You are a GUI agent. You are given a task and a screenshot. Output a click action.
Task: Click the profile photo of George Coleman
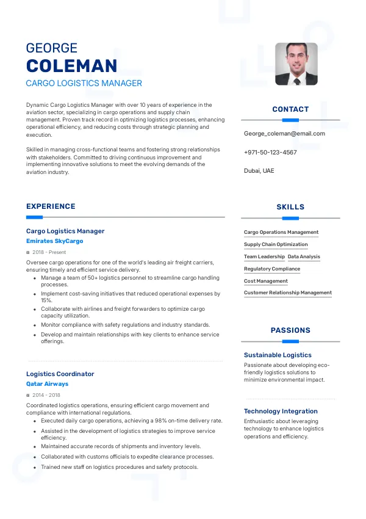click(x=296, y=64)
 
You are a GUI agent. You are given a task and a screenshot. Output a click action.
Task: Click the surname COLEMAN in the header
click(x=72, y=67)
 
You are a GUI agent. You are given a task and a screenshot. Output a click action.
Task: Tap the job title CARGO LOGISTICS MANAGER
click(x=84, y=83)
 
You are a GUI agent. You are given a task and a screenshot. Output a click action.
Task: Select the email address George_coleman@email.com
click(x=284, y=133)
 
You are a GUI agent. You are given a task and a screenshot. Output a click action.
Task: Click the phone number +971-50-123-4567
click(x=270, y=152)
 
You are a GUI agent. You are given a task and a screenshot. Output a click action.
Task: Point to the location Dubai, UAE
click(x=259, y=171)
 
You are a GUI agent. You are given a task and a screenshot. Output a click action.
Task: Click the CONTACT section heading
click(x=290, y=109)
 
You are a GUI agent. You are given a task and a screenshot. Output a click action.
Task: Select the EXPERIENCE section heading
click(x=51, y=206)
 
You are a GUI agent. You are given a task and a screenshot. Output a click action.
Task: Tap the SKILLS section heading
click(x=290, y=207)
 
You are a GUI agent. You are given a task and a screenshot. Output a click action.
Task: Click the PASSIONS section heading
click(x=290, y=330)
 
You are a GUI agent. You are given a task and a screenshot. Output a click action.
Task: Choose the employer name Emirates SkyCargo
click(x=54, y=241)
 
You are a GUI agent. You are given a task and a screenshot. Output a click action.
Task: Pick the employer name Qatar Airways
click(x=47, y=384)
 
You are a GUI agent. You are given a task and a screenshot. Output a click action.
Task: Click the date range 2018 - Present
click(x=49, y=252)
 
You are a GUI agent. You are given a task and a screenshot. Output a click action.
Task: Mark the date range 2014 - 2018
click(x=46, y=395)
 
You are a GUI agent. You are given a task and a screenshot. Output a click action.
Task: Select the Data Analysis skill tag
click(x=304, y=257)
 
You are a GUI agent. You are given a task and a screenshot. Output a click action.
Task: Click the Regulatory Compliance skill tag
click(x=272, y=269)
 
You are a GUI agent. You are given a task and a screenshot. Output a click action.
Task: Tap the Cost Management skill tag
click(x=266, y=281)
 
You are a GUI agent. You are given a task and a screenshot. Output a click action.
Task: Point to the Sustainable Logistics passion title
click(x=278, y=355)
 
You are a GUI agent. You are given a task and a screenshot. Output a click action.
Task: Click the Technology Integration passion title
click(x=281, y=411)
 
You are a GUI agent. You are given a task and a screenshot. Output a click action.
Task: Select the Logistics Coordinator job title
click(x=60, y=374)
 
